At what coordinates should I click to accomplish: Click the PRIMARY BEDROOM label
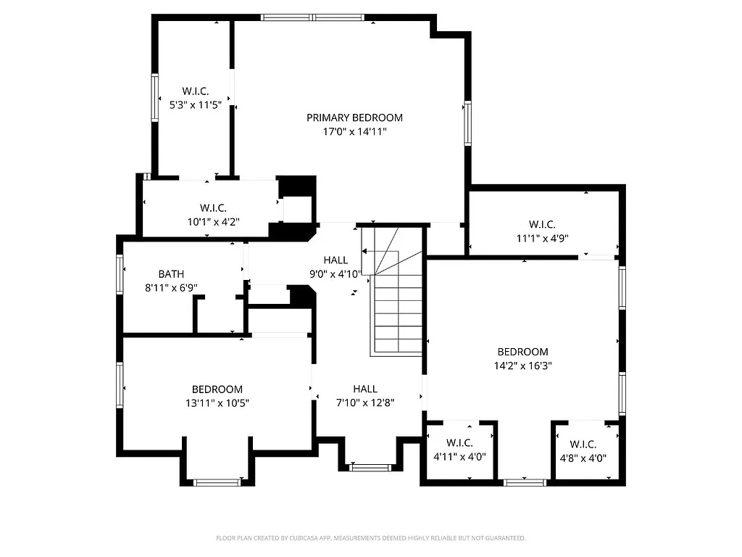[x=354, y=117]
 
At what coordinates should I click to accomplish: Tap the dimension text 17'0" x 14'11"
[x=354, y=132]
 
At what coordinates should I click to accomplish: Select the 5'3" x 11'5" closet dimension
[x=195, y=104]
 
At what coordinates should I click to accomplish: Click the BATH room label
[x=171, y=274]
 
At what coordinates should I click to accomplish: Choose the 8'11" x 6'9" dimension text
[x=171, y=288]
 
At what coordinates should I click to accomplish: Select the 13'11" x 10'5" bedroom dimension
[x=217, y=403]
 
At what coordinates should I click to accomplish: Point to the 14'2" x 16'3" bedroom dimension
[x=522, y=366]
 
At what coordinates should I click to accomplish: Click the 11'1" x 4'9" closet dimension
[x=542, y=239]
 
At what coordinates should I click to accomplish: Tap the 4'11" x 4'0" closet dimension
[x=459, y=457]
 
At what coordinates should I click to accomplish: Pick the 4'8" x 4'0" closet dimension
[x=583, y=458]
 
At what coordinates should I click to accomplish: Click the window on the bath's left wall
[x=120, y=273]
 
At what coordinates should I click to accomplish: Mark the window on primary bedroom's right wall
[x=468, y=123]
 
